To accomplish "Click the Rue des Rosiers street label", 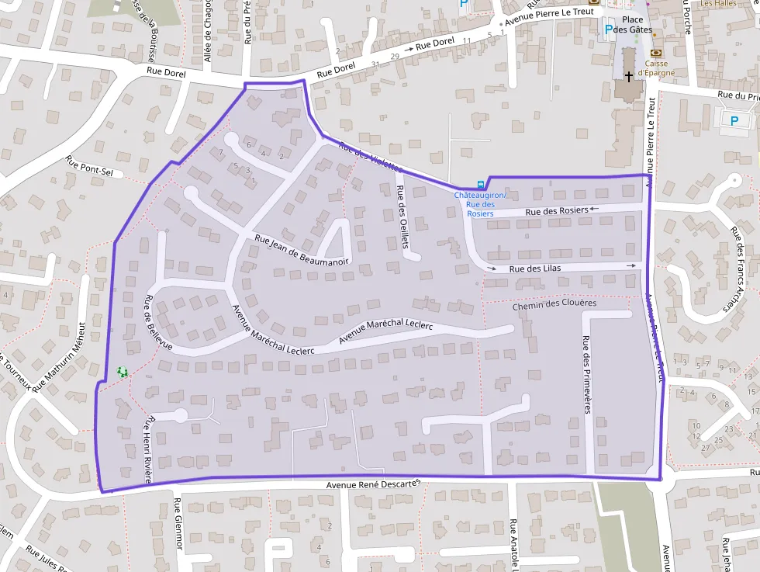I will coord(556,211).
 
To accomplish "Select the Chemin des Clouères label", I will coord(554,305).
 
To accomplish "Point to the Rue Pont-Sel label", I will coord(94,167).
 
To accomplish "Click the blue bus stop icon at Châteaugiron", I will coord(481,185).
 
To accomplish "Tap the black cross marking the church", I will coord(628,77).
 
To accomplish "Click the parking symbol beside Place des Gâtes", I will coord(609,29).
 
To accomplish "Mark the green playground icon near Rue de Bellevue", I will coord(122,373).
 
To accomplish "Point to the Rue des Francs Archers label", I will coord(737,269).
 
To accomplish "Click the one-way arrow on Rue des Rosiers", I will coord(595,209).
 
